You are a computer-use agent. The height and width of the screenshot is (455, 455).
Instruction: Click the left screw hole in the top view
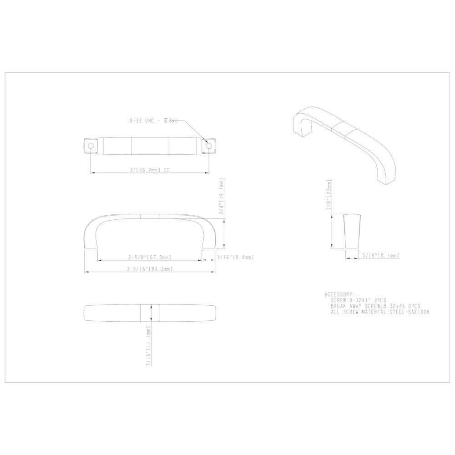91,146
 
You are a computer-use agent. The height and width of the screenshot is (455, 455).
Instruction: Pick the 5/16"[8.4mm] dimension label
235,257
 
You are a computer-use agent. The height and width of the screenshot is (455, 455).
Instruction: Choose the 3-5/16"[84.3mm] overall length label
150,269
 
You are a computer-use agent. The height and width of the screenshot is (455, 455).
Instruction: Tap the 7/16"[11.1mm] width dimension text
149,348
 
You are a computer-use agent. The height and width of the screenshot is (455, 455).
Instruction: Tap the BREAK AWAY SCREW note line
375,307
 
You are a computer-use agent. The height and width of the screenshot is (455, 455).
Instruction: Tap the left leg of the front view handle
90,237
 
